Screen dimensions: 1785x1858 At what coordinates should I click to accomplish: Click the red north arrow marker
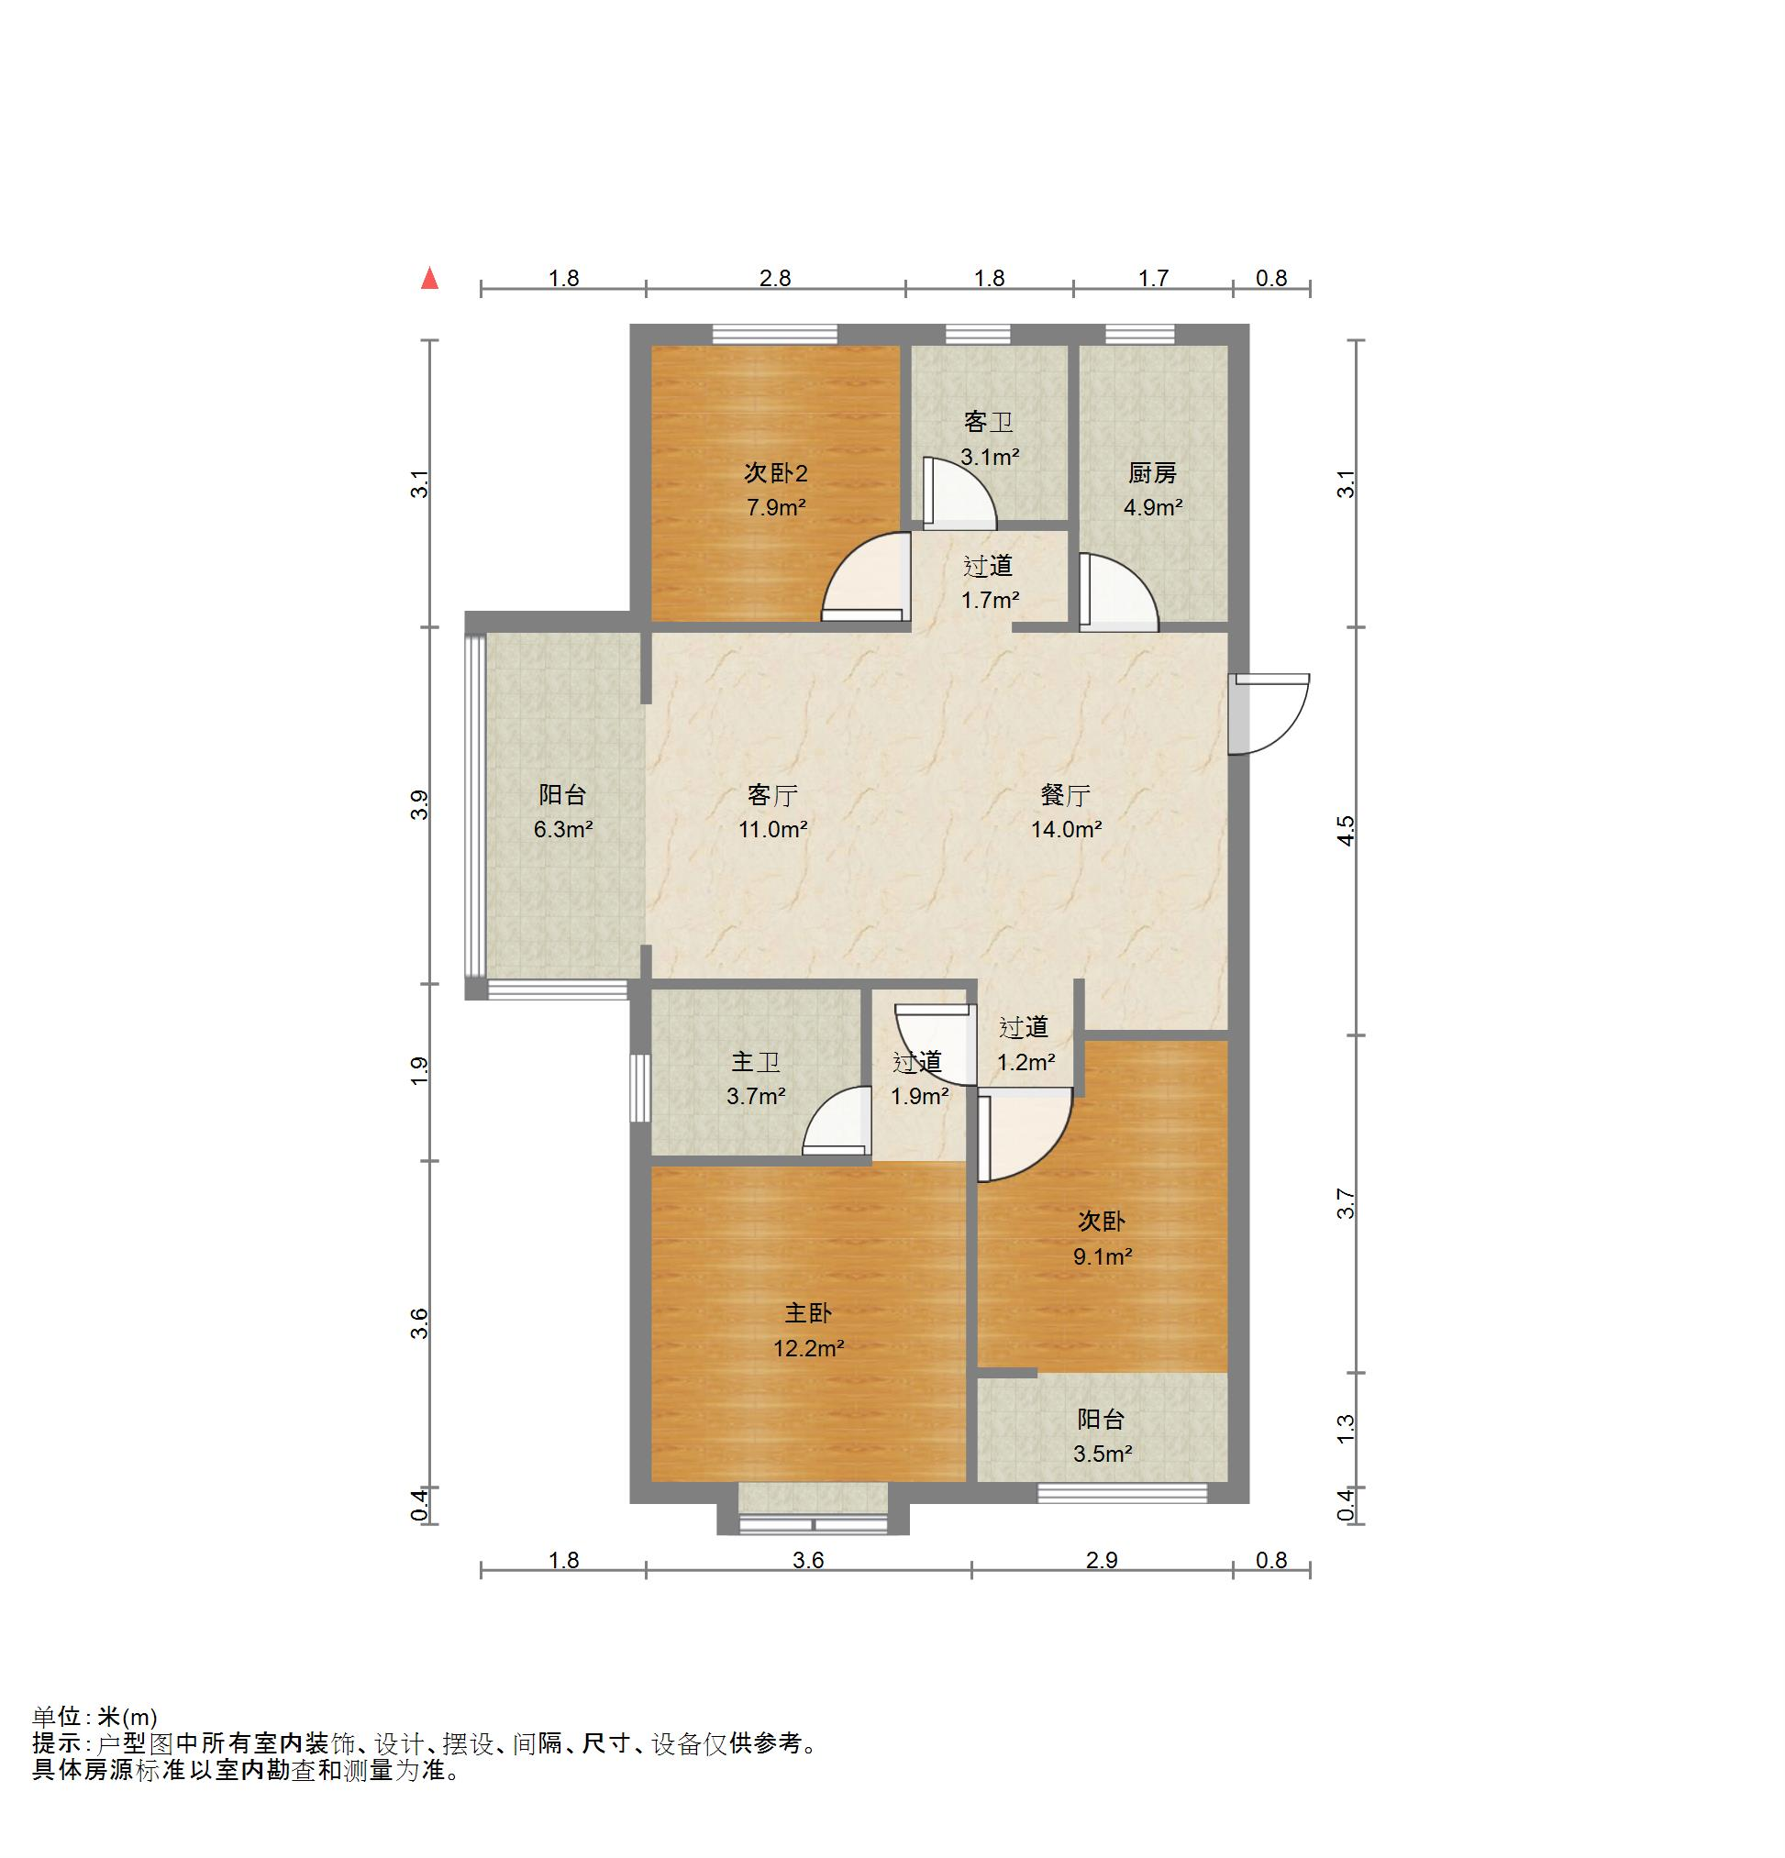pos(429,278)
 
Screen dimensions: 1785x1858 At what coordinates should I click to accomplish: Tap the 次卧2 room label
pos(775,472)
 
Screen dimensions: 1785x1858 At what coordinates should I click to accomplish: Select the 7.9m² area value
pos(775,507)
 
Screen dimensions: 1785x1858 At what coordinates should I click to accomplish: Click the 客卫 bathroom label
pos(988,422)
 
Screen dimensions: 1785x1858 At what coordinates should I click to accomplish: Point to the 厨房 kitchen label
pos(1152,472)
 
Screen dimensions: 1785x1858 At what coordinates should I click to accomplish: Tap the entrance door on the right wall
pos(1269,713)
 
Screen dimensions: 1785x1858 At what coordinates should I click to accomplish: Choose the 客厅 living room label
pos(772,794)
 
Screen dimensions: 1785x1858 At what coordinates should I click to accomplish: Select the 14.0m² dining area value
pos(1067,829)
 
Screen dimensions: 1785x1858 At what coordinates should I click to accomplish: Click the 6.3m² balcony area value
pos(563,829)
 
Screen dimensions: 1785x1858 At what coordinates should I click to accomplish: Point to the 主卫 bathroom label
pos(756,1062)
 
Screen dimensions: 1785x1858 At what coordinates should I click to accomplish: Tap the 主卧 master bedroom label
pos(808,1313)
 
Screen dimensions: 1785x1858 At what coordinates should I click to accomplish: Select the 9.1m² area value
pos(1103,1256)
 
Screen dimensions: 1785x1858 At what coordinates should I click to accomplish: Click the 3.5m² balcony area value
pos(1103,1454)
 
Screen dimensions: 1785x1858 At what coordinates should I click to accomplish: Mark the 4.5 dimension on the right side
pos(1347,829)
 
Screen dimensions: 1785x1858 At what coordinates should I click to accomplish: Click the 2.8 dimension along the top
pos(775,278)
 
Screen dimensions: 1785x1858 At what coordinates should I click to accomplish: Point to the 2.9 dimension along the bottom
pos(1102,1559)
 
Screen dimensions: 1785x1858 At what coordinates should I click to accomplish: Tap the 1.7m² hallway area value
pos(990,599)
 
